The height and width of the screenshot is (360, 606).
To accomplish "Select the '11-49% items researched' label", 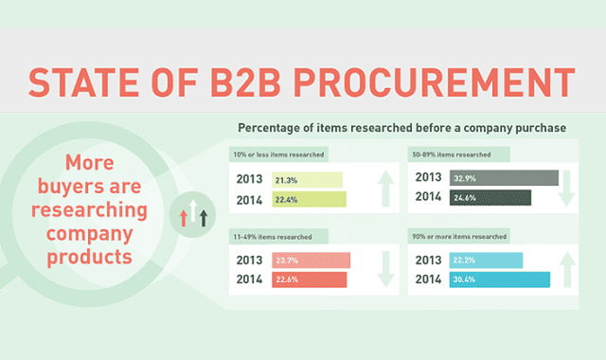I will tap(273, 236).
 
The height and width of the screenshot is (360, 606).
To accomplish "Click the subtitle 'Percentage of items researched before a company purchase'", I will tap(401, 128).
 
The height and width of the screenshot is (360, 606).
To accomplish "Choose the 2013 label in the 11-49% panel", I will tap(251, 261).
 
